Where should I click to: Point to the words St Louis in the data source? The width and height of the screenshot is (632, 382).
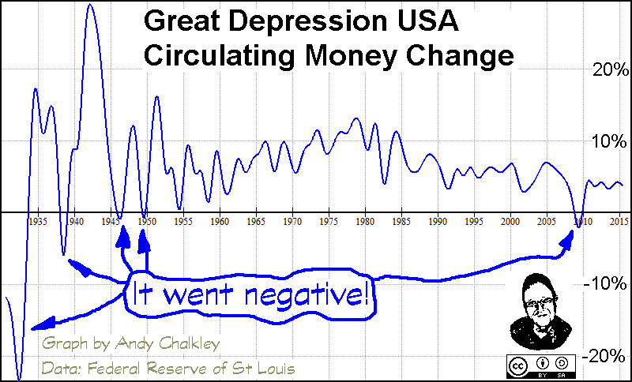point(257,367)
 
